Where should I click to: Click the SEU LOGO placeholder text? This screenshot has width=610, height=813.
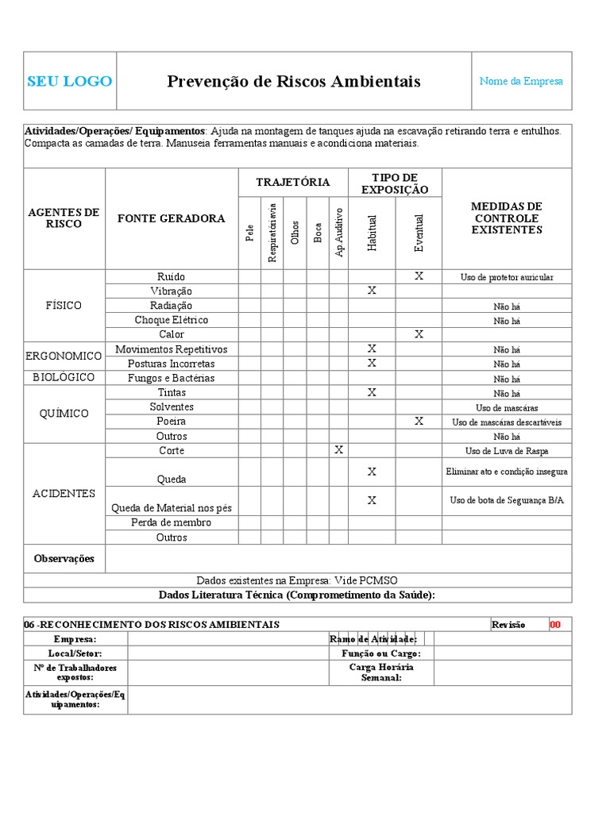[70, 81]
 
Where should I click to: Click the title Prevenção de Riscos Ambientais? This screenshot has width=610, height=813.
[294, 81]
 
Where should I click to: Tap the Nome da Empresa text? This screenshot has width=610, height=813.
[521, 81]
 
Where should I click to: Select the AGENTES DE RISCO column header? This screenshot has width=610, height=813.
[64, 218]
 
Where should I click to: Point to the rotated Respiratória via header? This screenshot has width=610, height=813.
[272, 232]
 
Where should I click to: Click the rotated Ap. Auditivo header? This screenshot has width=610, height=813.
[339, 232]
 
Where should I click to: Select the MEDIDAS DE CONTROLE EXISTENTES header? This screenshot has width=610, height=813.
[507, 218]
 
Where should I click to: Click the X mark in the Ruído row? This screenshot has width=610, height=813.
[419, 276]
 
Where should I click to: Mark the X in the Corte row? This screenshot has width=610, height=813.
[339, 450]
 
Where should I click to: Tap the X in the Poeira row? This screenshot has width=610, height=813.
[419, 421]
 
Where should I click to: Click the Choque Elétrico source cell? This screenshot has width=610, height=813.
[172, 320]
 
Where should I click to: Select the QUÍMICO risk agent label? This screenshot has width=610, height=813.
[64, 414]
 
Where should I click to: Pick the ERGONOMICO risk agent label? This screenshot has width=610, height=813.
[64, 356]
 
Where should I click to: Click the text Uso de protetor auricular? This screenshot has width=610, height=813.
[507, 277]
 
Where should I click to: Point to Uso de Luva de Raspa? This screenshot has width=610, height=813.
[507, 451]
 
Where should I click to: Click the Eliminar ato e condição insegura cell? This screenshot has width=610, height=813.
[507, 472]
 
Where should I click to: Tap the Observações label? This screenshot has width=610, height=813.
[64, 558]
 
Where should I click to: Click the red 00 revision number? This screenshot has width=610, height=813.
[555, 625]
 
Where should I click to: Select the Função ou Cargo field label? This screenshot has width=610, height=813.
[380, 653]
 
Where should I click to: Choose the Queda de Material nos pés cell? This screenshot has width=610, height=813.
[172, 508]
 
